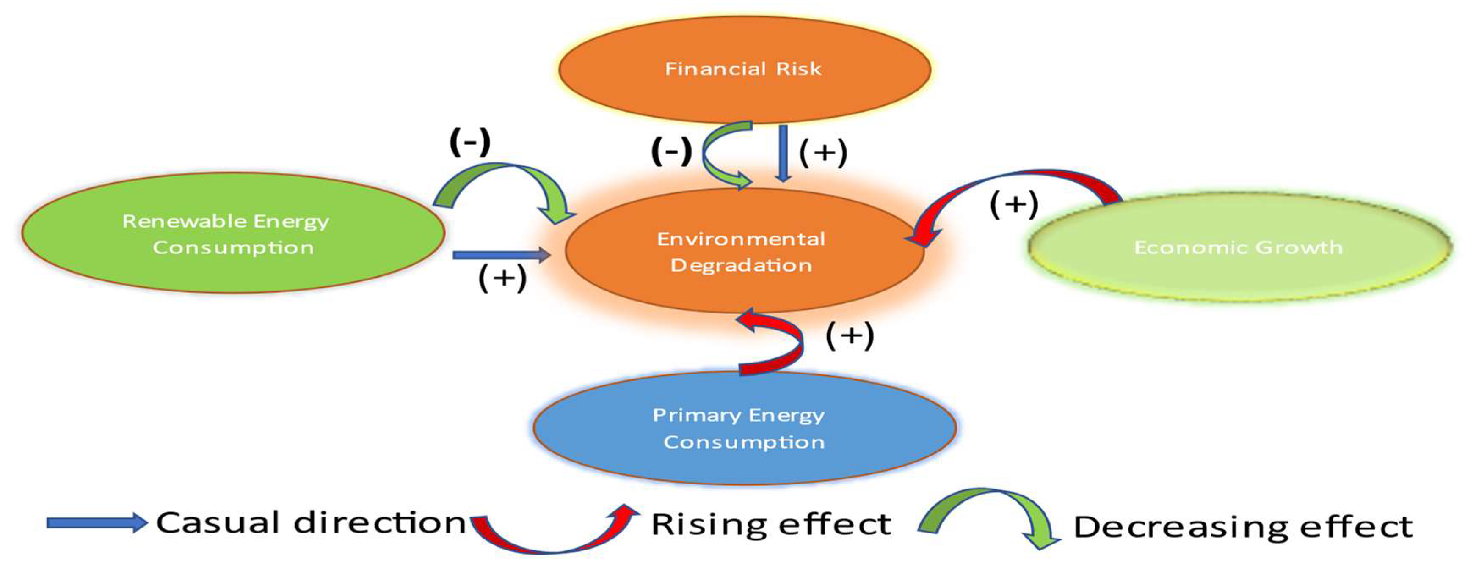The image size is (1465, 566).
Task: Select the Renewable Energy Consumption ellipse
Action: [233, 234]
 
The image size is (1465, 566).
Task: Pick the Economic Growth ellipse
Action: [1239, 247]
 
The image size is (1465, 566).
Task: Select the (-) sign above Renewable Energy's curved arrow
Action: [470, 142]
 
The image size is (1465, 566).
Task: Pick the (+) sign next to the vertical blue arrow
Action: [823, 152]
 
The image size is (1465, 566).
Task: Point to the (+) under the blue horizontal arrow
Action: [502, 278]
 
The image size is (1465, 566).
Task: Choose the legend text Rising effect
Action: [771, 524]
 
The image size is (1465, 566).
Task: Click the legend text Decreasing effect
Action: [1243, 526]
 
